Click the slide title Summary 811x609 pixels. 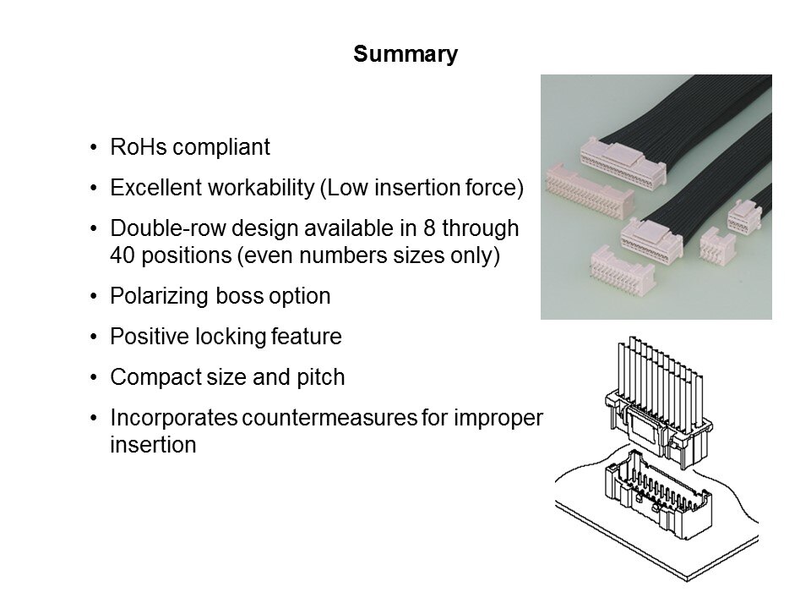[x=405, y=55]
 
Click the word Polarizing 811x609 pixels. [x=156, y=297]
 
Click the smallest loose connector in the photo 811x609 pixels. [x=715, y=247]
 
